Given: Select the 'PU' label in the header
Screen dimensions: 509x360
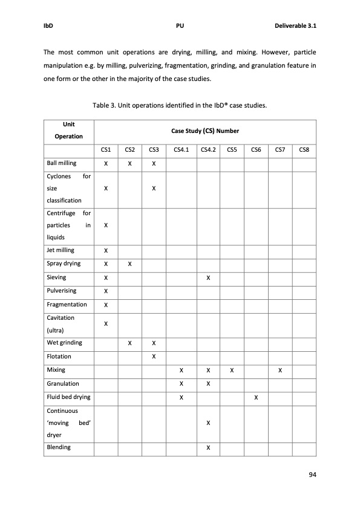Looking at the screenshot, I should (x=180, y=27).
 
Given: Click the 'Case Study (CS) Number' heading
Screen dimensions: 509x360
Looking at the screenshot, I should (x=205, y=131).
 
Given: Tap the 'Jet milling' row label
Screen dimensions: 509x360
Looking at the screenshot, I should (x=61, y=250).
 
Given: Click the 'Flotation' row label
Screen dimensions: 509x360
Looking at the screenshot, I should (x=59, y=356).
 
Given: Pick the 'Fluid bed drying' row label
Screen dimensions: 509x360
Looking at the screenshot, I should (x=68, y=398).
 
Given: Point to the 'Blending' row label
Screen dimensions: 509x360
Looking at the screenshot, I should (x=59, y=447).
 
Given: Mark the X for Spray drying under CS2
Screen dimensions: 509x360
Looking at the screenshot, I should (x=129, y=264).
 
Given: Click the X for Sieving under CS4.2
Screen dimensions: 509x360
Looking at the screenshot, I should (x=208, y=278).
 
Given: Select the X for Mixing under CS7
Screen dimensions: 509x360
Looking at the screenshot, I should (x=280, y=370).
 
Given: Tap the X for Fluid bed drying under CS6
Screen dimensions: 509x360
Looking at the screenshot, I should (x=256, y=398).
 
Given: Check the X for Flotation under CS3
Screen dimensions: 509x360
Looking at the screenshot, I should (x=154, y=356).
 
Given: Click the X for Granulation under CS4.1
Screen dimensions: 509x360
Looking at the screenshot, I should (x=181, y=384).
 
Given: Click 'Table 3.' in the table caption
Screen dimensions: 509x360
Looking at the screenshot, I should (x=105, y=106).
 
